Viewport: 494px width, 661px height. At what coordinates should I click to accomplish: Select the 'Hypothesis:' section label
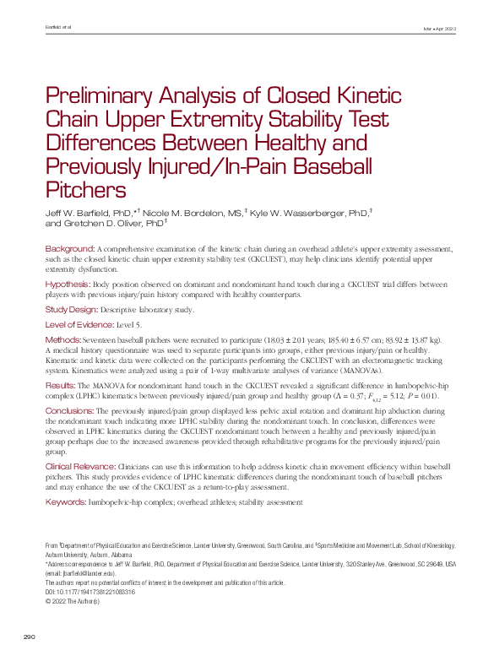[x=68, y=284]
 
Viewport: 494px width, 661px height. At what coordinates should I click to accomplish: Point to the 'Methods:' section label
[x=63, y=339]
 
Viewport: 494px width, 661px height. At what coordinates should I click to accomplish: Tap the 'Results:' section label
[x=62, y=386]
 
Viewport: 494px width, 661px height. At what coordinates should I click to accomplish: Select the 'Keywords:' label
[x=65, y=501]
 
